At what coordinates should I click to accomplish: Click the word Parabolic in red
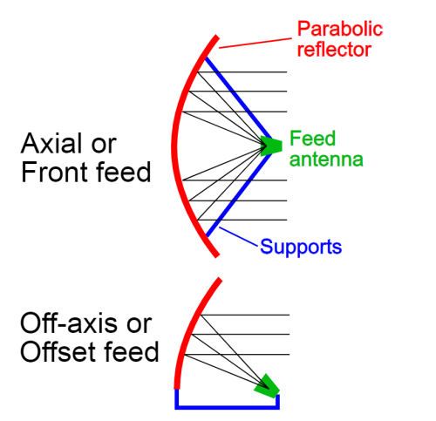(340, 30)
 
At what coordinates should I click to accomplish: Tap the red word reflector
(334, 49)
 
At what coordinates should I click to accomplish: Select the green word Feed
(313, 139)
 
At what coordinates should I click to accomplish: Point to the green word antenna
(326, 160)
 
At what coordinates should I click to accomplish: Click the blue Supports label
(301, 247)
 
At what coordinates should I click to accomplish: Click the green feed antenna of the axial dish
(271, 146)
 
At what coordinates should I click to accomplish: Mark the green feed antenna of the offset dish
(267, 386)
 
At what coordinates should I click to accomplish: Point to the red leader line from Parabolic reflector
(255, 43)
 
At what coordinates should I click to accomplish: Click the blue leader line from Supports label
(238, 236)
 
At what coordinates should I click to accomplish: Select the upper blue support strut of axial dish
(238, 98)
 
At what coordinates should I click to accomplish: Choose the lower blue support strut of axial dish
(239, 194)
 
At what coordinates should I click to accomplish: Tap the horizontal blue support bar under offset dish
(227, 407)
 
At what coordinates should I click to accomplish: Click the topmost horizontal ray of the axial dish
(242, 71)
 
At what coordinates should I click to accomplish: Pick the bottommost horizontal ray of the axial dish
(242, 220)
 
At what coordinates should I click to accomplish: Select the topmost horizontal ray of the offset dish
(245, 315)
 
